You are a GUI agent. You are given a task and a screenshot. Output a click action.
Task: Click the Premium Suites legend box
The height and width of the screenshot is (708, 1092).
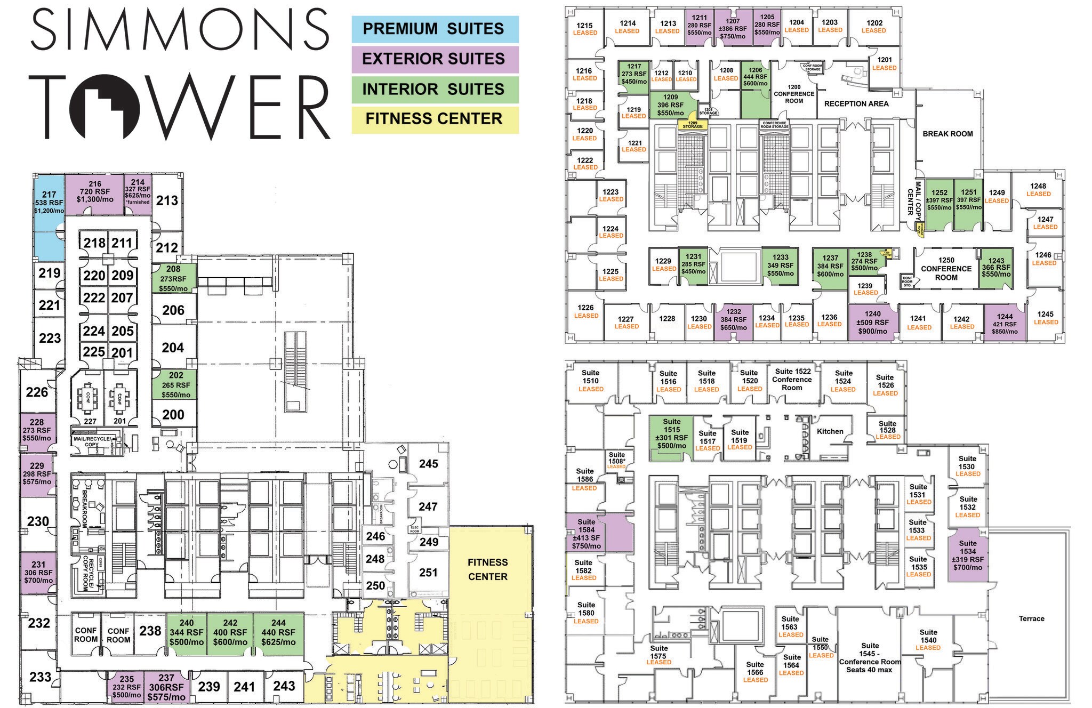tap(435, 29)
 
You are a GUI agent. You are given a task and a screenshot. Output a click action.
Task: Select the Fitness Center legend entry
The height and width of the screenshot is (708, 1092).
tap(435, 119)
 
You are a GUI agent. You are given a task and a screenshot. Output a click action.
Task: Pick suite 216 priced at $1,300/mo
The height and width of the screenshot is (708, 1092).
tap(94, 192)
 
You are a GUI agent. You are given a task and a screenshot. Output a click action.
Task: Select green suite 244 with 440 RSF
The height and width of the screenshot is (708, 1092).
tap(278, 632)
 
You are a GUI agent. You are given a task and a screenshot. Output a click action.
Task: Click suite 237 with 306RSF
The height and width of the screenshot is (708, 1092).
tap(166, 688)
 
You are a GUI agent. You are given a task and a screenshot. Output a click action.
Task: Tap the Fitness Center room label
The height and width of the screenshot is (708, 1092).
tap(487, 569)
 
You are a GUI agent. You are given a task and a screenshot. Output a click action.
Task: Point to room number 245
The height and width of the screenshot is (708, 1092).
tap(428, 464)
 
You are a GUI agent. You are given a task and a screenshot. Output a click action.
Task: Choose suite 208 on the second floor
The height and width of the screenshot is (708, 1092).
tap(173, 278)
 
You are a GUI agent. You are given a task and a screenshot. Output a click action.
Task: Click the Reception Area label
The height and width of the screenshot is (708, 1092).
tap(856, 104)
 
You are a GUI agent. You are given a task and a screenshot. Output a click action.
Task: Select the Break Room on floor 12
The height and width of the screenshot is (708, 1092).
tap(948, 134)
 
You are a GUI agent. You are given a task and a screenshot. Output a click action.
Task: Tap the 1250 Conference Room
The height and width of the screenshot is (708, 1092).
tap(946, 269)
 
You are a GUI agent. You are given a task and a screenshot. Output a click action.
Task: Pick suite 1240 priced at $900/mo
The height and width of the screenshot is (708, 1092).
tap(872, 322)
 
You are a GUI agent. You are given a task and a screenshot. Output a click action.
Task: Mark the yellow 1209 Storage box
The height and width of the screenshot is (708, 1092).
tap(692, 125)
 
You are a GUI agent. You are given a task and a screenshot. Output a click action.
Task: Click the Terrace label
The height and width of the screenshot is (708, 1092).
tap(1031, 618)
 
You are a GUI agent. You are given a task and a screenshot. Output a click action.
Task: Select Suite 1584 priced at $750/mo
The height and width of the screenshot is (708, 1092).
tap(586, 534)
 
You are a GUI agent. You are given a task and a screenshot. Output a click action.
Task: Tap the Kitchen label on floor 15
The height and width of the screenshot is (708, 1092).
tap(830, 431)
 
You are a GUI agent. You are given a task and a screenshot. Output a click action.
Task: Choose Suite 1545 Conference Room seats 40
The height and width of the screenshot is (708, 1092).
tap(869, 657)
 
